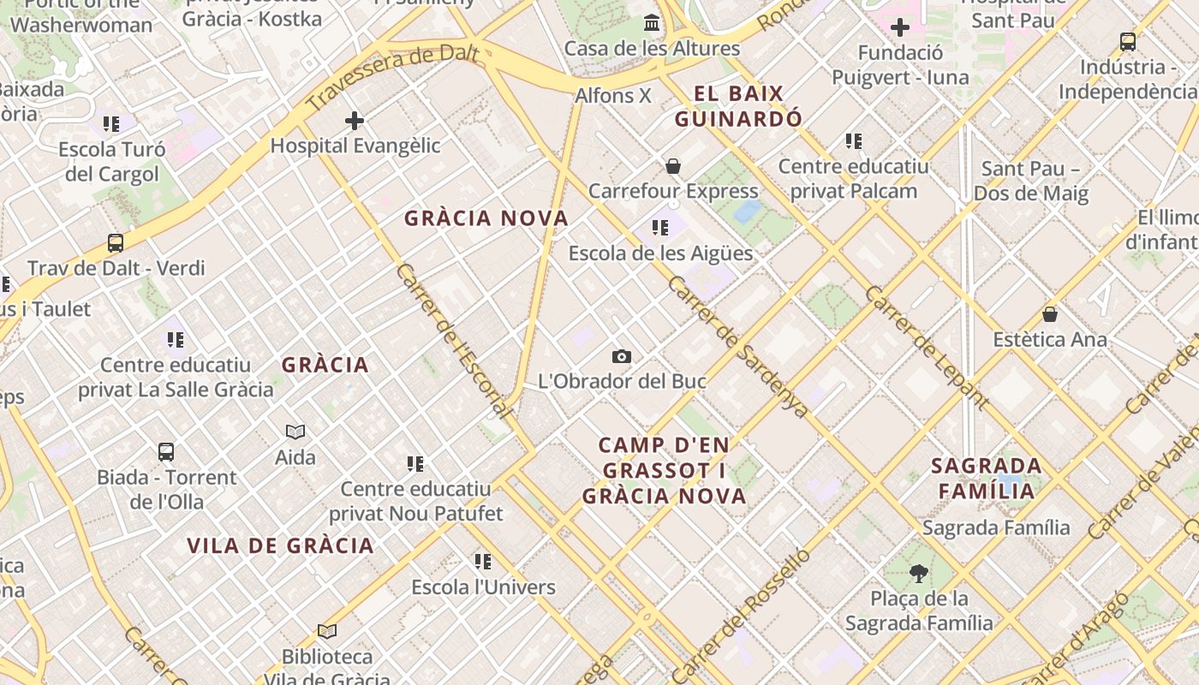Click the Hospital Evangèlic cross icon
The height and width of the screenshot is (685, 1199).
(355, 121)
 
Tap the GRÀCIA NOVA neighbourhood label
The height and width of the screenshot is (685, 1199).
(486, 218)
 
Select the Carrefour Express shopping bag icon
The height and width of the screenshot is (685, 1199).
(673, 165)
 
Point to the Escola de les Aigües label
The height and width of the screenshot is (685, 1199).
(660, 253)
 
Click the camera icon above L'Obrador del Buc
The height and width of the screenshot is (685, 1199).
(622, 356)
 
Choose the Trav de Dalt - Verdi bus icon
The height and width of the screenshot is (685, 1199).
(116, 243)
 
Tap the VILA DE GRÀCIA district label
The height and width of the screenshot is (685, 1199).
(280, 545)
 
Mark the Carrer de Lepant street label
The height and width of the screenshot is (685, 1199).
(927, 347)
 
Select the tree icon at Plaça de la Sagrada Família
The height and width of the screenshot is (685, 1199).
(919, 573)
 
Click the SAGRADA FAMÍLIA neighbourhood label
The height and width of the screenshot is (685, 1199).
(987, 478)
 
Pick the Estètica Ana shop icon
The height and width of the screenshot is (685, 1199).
(1050, 314)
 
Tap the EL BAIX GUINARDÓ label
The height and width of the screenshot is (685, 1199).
(738, 105)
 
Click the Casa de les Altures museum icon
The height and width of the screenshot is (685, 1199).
(652, 22)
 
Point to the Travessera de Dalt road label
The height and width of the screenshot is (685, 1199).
(391, 78)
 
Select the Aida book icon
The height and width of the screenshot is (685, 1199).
(295, 432)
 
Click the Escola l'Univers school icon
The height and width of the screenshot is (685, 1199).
(483, 562)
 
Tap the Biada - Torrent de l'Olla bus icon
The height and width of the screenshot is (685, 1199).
(166, 451)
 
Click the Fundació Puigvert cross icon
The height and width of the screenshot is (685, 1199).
(899, 28)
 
